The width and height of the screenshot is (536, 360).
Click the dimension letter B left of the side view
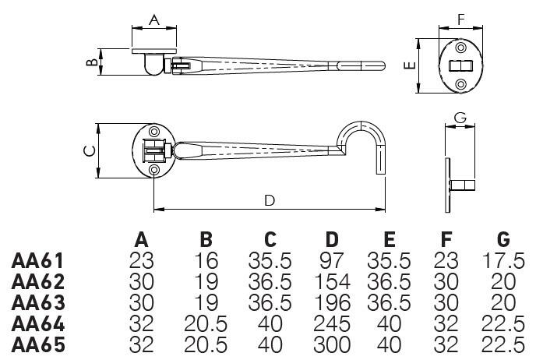tap(91, 62)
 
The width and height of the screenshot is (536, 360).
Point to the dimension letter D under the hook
tap(269, 200)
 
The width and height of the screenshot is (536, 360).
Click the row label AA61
tap(37, 260)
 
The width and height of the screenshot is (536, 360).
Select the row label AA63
tap(37, 302)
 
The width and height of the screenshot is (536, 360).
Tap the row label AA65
tap(37, 343)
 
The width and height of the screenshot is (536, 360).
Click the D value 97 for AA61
tap(330, 260)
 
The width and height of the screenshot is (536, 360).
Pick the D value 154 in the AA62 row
tap(330, 281)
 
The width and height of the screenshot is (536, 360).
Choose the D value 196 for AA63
tap(330, 302)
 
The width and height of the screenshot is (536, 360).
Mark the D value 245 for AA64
tap(330, 323)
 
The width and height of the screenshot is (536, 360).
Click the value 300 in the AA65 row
tap(330, 343)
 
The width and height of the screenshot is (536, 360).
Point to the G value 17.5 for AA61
tap(504, 260)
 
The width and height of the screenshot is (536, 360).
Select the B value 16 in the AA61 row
tap(206, 260)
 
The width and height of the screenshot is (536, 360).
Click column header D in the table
tap(331, 239)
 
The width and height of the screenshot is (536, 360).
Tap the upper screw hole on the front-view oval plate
tap(460, 48)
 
